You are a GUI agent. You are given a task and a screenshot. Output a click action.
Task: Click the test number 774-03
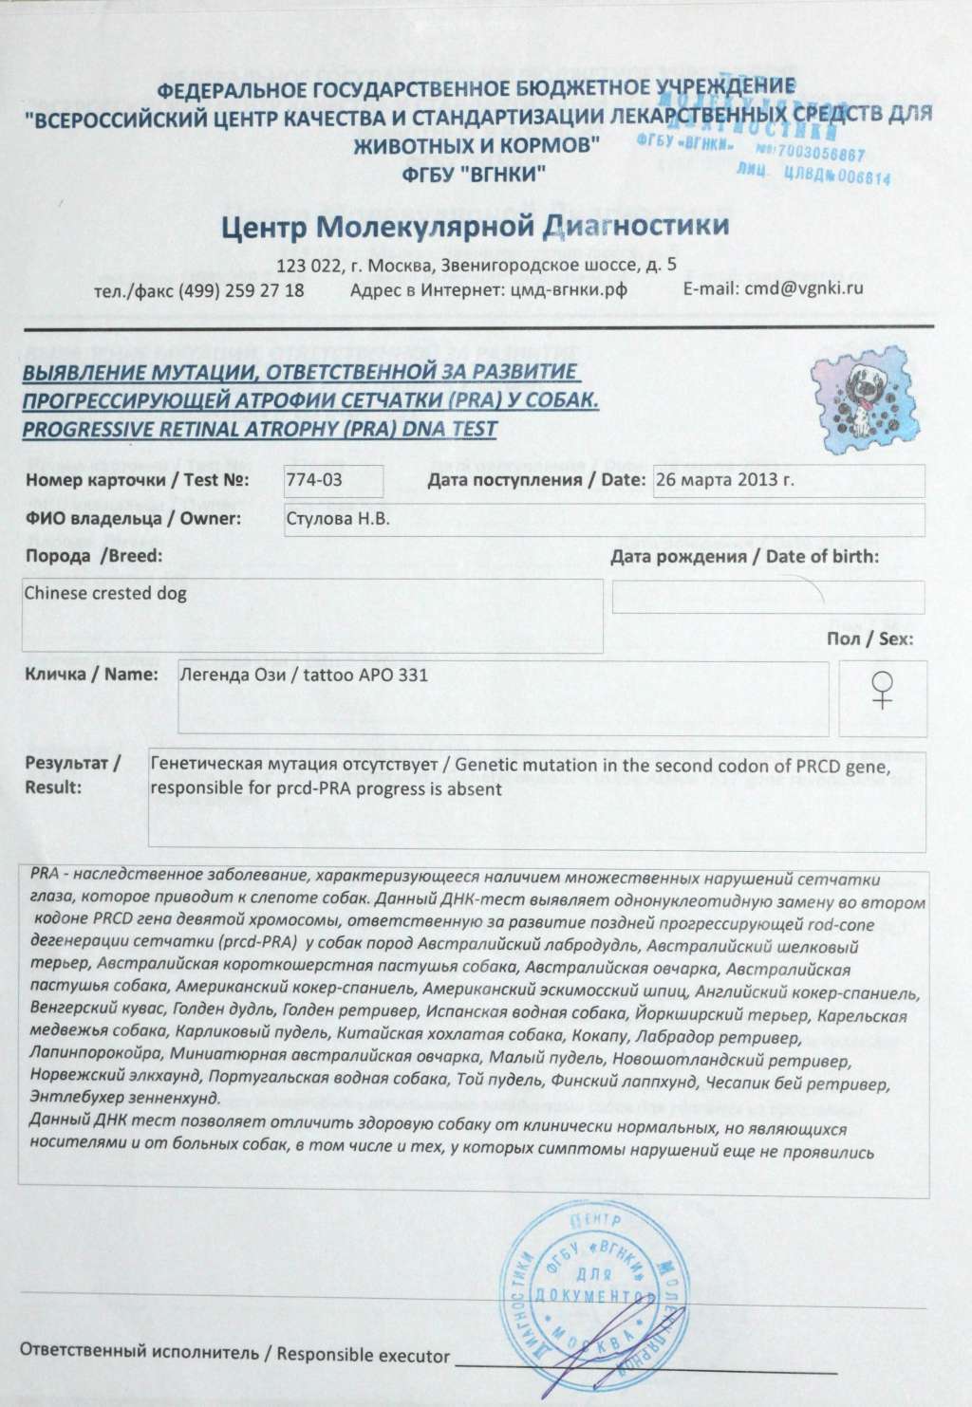pyautogui.click(x=314, y=480)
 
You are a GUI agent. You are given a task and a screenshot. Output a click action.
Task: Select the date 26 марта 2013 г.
pyautogui.click(x=723, y=479)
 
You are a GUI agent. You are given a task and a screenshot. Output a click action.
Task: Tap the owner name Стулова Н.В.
pyautogui.click(x=337, y=518)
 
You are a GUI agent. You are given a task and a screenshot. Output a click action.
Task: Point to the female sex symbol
pyautogui.click(x=884, y=689)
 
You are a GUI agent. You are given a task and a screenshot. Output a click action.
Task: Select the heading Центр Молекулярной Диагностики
pyautogui.click(x=475, y=227)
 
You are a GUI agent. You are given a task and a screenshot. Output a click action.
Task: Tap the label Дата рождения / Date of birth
pyautogui.click(x=745, y=557)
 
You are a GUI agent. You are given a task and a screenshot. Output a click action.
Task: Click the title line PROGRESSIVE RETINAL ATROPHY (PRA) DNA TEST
pyautogui.click(x=259, y=429)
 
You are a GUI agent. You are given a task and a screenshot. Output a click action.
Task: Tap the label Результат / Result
pyautogui.click(x=72, y=774)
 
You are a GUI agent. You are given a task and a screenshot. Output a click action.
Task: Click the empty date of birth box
pyautogui.click(x=768, y=597)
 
